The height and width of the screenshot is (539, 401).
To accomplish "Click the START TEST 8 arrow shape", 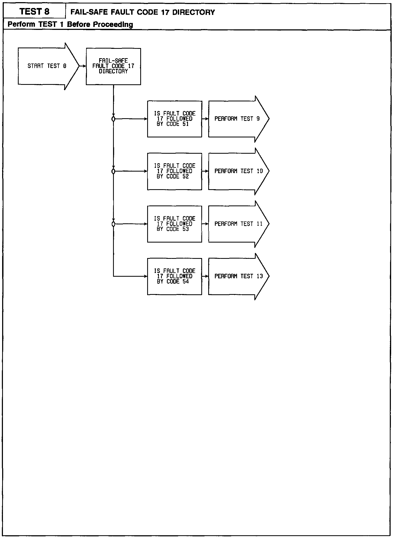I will pyautogui.click(x=47, y=66).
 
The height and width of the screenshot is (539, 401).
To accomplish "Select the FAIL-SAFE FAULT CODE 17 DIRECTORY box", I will pyautogui.click(x=113, y=66).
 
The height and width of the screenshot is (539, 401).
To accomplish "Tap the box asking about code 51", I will pyautogui.click(x=175, y=119).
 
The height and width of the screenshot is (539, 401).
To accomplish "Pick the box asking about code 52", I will pyautogui.click(x=175, y=171).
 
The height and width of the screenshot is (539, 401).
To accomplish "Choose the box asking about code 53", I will pyautogui.click(x=175, y=224).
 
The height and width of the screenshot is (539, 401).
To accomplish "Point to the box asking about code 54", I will pyautogui.click(x=175, y=276).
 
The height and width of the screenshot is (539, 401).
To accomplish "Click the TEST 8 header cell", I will pyautogui.click(x=34, y=11).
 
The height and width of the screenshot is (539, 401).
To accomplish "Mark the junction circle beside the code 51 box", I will pyautogui.click(x=113, y=119).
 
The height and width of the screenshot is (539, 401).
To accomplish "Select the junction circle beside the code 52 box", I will pyautogui.click(x=113, y=171).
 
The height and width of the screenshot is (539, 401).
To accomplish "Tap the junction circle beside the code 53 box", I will pyautogui.click(x=113, y=224).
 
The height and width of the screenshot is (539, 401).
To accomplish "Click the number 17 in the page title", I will pyautogui.click(x=165, y=12).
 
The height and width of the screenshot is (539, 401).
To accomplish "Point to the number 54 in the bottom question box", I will pyautogui.click(x=186, y=282).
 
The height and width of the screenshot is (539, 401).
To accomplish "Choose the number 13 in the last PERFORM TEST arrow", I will pyautogui.click(x=260, y=276).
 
